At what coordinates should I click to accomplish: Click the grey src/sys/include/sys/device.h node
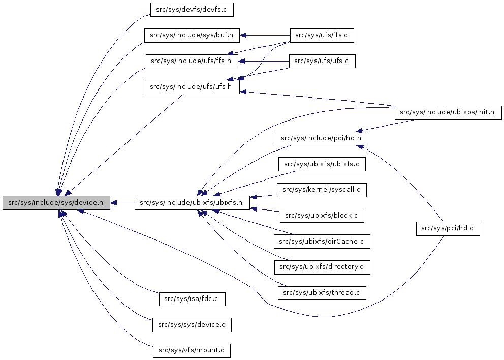[x=56, y=203]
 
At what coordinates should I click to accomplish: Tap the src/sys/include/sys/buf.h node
[x=192, y=36]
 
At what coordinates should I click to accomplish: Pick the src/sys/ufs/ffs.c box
[x=321, y=36]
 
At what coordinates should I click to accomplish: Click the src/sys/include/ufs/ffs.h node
[x=192, y=62]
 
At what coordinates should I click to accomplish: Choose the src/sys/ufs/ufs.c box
[x=322, y=62]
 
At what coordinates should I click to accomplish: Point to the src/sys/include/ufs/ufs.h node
[x=192, y=87]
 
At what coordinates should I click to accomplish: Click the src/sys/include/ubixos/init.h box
[x=448, y=112]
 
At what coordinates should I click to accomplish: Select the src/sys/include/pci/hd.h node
[x=322, y=138]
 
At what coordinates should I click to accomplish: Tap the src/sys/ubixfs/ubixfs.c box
[x=322, y=164]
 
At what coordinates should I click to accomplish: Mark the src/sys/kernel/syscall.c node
[x=322, y=190]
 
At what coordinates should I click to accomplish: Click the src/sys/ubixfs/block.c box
[x=322, y=216]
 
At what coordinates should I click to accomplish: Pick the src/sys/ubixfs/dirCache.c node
[x=322, y=242]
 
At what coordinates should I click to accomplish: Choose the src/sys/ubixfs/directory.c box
[x=322, y=267]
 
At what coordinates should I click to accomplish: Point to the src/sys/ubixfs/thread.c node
[x=322, y=293]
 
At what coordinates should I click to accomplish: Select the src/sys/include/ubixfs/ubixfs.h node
[x=192, y=203]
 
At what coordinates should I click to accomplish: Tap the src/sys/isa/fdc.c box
[x=192, y=299]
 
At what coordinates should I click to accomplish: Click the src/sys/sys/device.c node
[x=192, y=324]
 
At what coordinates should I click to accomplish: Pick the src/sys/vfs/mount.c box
[x=192, y=350]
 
